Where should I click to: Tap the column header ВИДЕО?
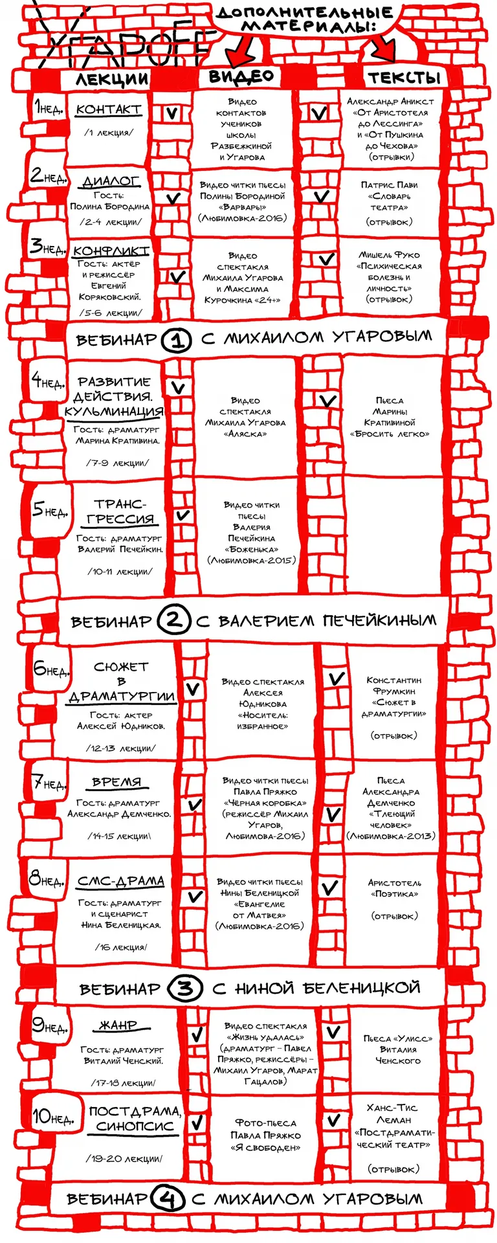point(241,76)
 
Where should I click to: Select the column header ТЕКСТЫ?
point(404,78)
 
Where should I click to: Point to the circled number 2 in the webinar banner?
point(173,621)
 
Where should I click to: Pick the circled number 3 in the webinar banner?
point(185,989)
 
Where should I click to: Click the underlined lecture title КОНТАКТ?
point(108,109)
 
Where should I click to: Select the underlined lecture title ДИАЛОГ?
point(111,181)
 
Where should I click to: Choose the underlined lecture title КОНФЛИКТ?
point(111,251)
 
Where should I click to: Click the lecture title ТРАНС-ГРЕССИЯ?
point(120,511)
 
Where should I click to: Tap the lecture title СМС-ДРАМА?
point(120,881)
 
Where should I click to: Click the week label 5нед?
point(50,510)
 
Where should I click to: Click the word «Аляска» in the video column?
point(245,434)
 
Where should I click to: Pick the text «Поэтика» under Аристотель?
point(394,894)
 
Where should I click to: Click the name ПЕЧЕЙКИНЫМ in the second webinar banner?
point(379,621)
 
